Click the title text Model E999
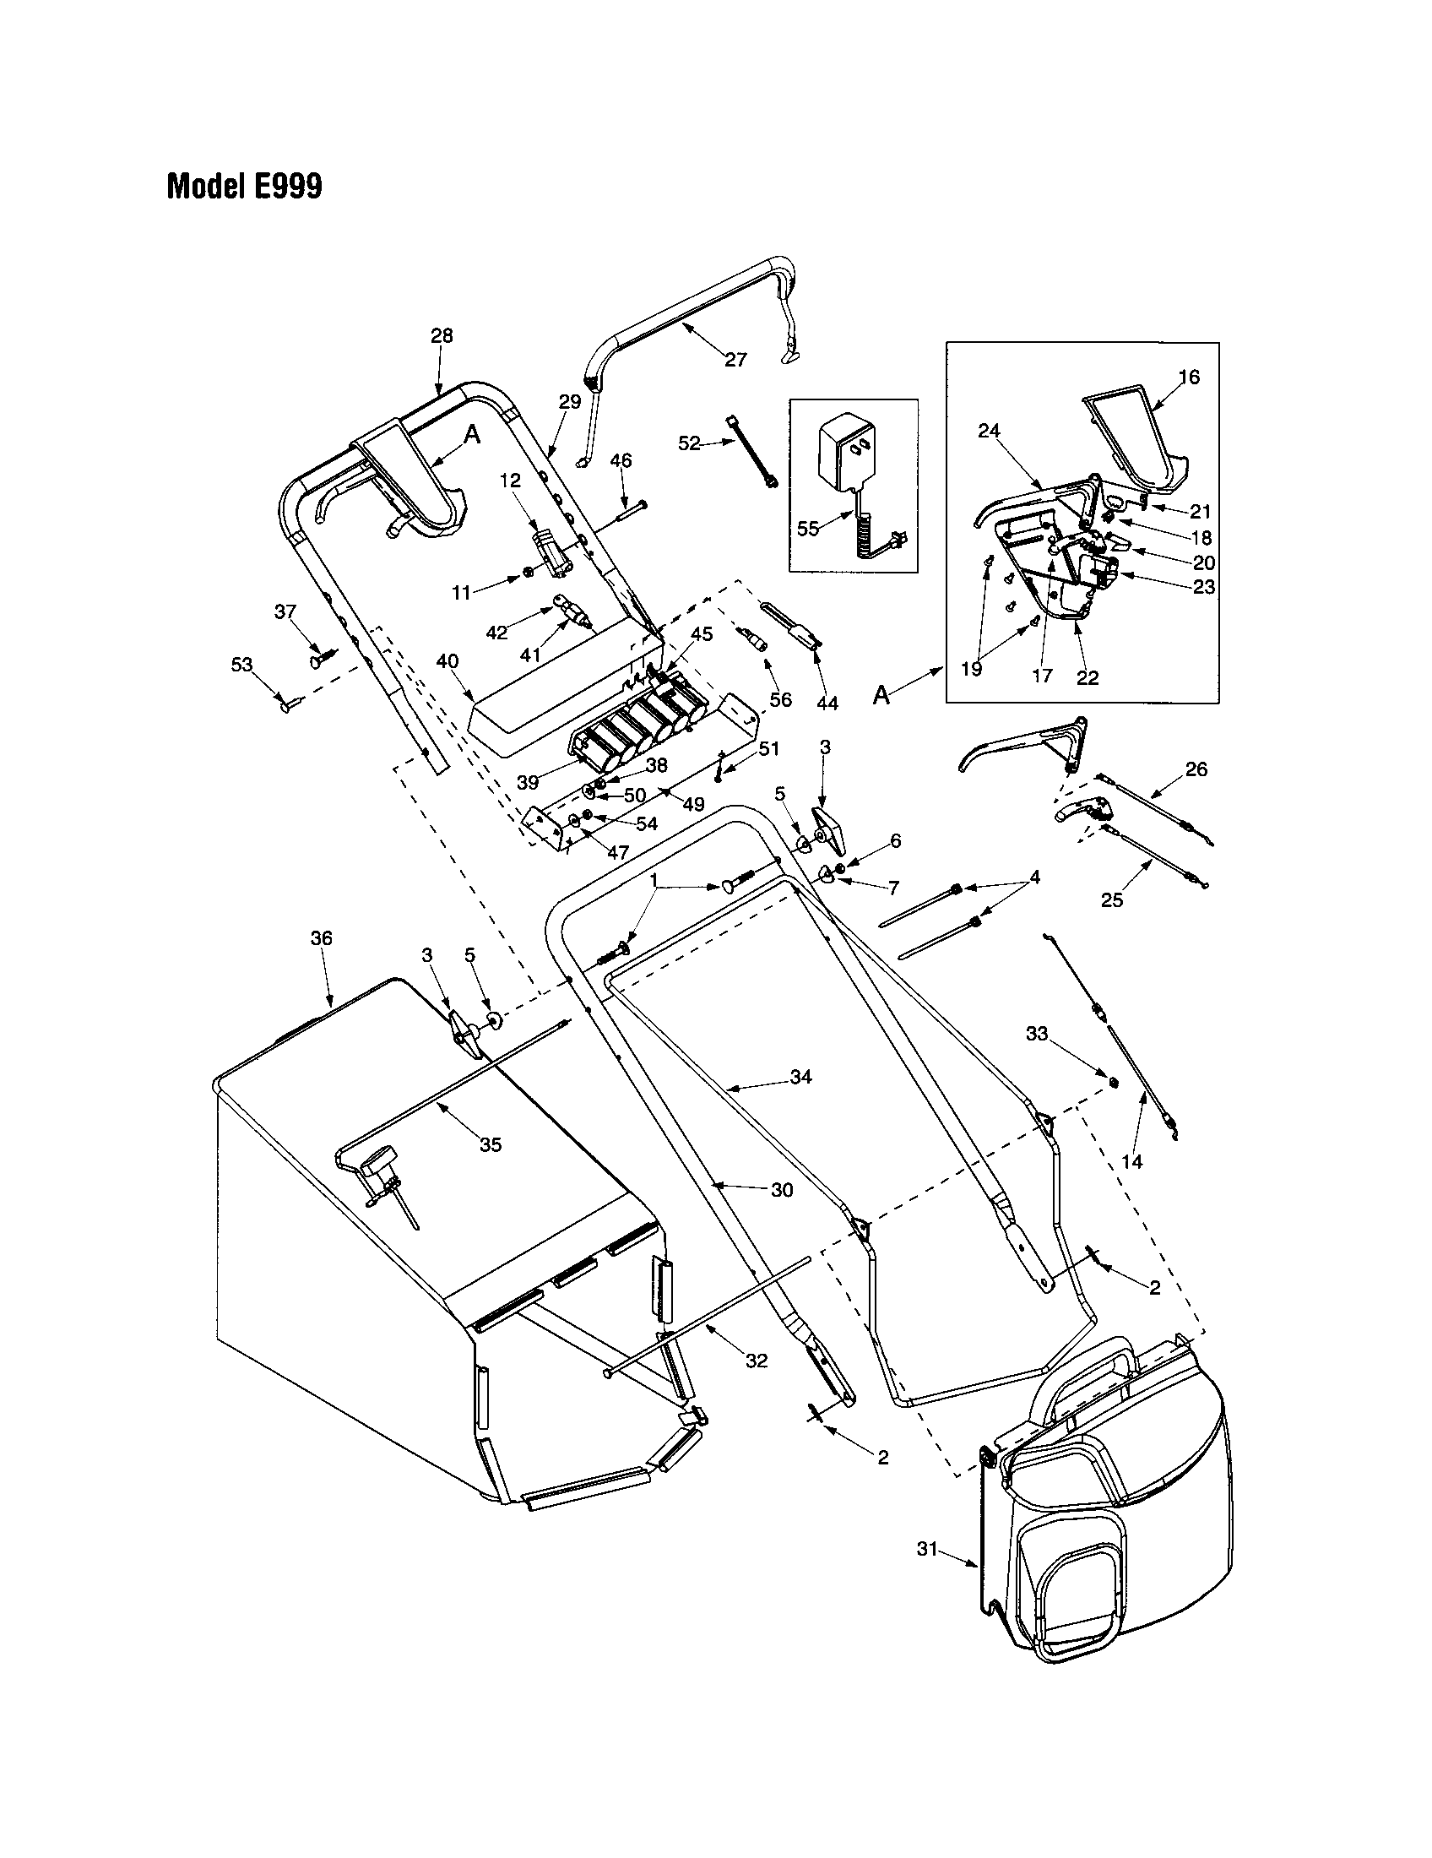[244, 186]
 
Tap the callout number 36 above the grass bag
[321, 938]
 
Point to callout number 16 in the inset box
[1189, 376]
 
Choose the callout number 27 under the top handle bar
[735, 360]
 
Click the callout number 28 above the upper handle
[442, 335]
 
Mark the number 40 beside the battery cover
[447, 661]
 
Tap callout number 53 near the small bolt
[241, 665]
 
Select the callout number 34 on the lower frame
[800, 1077]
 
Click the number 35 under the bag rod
[491, 1144]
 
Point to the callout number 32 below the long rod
[756, 1361]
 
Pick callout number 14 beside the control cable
[1131, 1160]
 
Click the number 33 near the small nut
[1036, 1033]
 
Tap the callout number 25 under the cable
[1112, 900]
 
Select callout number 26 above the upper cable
[1196, 769]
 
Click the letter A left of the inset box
[881, 696]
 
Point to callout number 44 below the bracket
[827, 703]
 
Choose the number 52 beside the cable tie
[689, 443]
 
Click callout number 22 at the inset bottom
[1087, 677]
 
